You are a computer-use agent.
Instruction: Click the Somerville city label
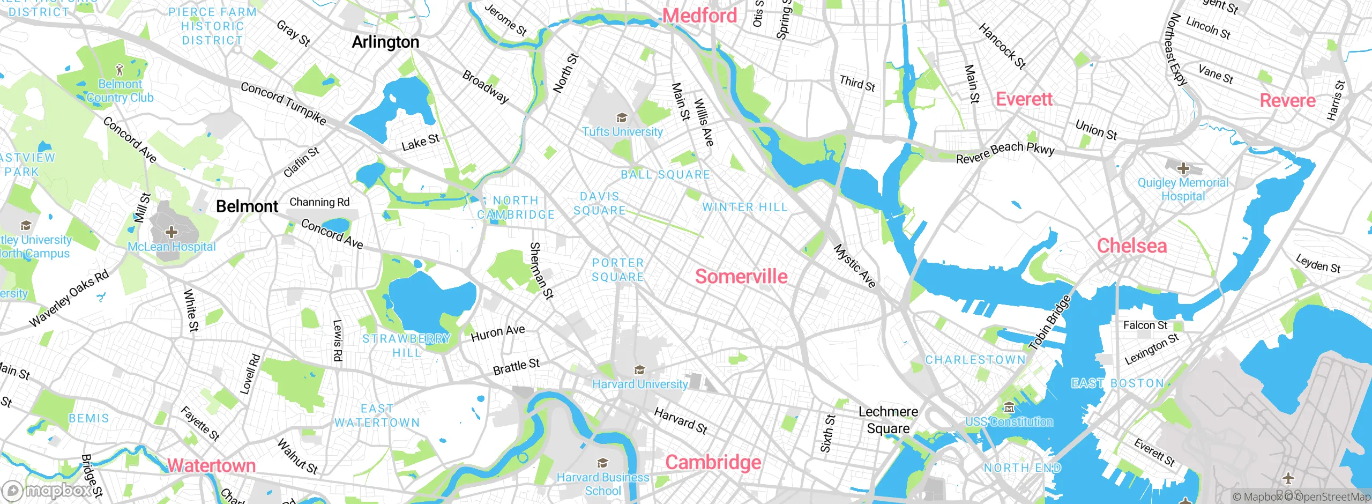[x=741, y=277]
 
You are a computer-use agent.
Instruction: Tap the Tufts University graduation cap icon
[x=622, y=118]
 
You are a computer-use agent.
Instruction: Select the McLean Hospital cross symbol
[x=171, y=232]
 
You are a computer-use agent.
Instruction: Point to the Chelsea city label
[x=1131, y=246]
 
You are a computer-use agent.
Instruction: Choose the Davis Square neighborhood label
[x=599, y=204]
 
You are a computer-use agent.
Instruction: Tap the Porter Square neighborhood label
[x=617, y=270]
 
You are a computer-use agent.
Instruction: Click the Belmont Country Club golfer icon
[x=120, y=70]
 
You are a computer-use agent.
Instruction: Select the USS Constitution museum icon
[x=1009, y=408]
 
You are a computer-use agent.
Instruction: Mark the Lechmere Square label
[x=888, y=420]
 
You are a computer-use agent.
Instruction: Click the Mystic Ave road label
[x=854, y=266]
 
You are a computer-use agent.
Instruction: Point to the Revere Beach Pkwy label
[x=1005, y=152]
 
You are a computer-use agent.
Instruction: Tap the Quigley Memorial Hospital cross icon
[x=1183, y=169]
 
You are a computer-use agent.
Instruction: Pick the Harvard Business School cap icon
[x=602, y=463]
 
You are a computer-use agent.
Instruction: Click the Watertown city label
[x=212, y=465]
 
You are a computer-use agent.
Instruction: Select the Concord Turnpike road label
[x=283, y=102]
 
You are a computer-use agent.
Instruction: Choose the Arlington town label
[x=385, y=42]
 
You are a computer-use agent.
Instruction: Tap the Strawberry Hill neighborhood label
[x=406, y=346]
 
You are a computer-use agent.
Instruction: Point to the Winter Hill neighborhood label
[x=744, y=207]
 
